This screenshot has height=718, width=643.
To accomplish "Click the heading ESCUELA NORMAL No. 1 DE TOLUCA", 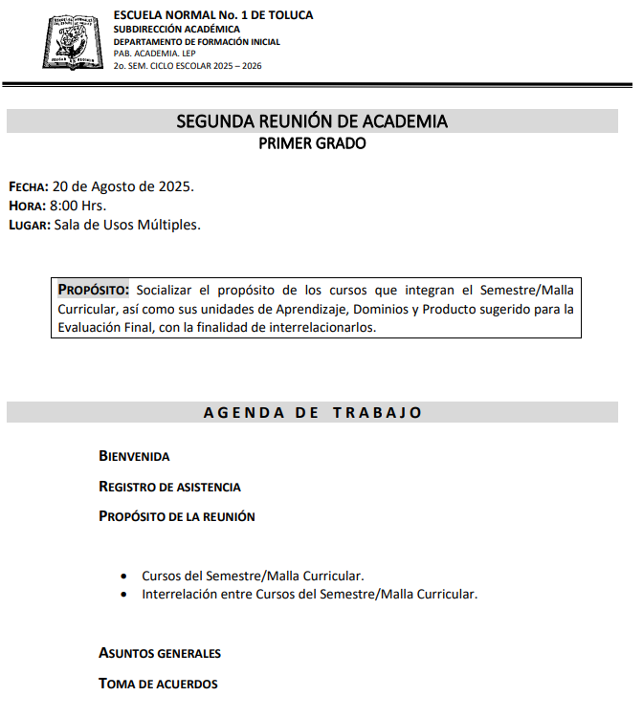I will pos(212,15).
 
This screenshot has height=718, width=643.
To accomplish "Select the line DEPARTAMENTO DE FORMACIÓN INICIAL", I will pos(196,42).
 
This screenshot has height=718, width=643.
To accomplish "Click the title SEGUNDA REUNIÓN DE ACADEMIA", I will pos(312,121).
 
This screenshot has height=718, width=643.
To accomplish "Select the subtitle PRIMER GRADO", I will pos(312,144).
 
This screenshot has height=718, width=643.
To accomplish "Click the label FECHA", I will pos(28,186).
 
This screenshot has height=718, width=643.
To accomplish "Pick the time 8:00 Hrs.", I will pos(78,206).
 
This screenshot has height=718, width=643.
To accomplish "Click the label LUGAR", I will pos(29,226).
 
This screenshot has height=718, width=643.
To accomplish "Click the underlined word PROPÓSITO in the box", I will pos(92,290).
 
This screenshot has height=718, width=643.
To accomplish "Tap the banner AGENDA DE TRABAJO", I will pos(312,413).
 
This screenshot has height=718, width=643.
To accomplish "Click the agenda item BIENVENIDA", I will pos(134,457).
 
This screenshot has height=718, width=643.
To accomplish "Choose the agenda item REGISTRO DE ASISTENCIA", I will pos(169,487).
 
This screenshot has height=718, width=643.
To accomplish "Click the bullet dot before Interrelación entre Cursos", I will pos(124,595).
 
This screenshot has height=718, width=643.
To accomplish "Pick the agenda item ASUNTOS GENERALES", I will pos(160,654).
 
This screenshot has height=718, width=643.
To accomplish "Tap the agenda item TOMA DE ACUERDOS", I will pos(158,685).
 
